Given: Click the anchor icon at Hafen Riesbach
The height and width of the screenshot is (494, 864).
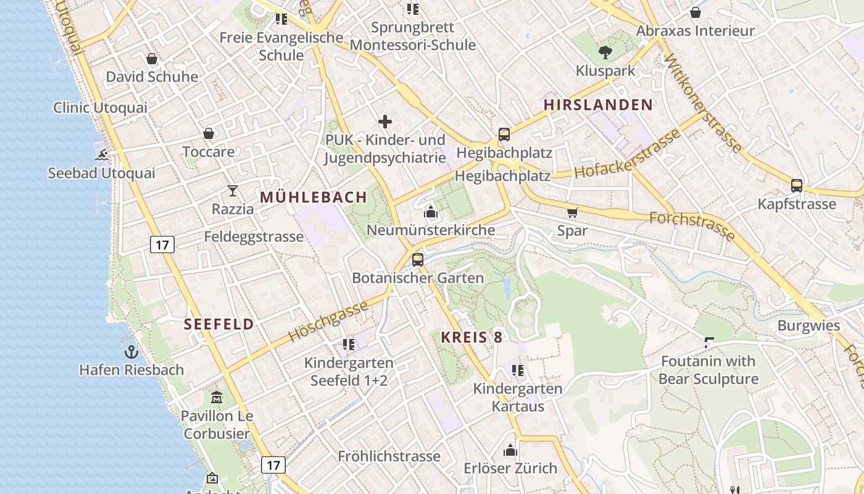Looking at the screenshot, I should click(131, 352).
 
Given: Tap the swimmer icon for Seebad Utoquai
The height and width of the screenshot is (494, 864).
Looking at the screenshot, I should click(102, 154).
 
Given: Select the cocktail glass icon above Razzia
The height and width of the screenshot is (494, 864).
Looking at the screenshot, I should click(233, 191).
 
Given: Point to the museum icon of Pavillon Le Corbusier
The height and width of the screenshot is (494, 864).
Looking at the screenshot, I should click(217, 397).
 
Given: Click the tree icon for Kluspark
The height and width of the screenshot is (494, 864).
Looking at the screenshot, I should click(605, 52).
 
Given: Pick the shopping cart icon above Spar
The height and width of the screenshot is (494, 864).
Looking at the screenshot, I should click(572, 212).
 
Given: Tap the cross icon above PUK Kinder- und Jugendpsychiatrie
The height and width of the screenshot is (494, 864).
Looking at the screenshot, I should click(385, 122).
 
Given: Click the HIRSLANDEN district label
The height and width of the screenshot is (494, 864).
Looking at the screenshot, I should click(598, 105).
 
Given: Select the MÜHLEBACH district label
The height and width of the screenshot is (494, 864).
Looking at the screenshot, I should click(314, 198).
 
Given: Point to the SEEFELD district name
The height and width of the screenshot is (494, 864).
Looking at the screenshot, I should click(219, 324).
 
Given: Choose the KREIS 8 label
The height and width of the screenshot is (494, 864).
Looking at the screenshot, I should click(471, 337).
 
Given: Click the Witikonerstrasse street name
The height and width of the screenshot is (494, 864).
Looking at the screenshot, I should click(703, 102).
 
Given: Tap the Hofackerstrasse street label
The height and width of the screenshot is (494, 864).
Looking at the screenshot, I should click(626, 154).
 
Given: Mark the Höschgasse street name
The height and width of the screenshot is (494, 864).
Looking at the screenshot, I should click(328, 320).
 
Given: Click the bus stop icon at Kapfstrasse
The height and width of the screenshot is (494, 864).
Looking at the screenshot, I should click(797, 185).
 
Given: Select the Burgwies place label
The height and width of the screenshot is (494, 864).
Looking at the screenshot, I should click(808, 325).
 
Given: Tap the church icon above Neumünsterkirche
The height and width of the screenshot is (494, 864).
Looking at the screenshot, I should click(431, 212).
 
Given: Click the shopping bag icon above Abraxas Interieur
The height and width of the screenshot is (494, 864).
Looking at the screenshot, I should click(696, 12).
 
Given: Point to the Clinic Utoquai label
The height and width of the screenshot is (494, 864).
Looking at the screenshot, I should click(100, 107).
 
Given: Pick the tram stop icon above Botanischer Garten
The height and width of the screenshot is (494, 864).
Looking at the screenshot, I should click(418, 259).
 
